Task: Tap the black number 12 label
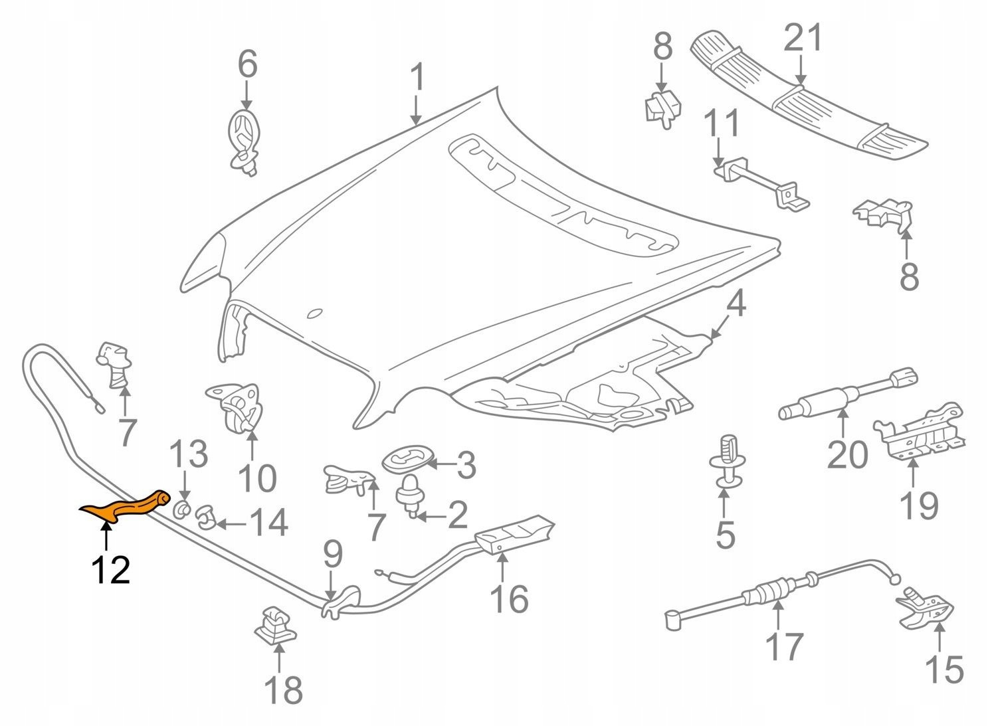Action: pyautogui.click(x=110, y=569)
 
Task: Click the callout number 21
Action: pyautogui.click(x=802, y=38)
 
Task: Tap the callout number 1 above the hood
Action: pyautogui.click(x=417, y=78)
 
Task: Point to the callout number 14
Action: pyautogui.click(x=268, y=523)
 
